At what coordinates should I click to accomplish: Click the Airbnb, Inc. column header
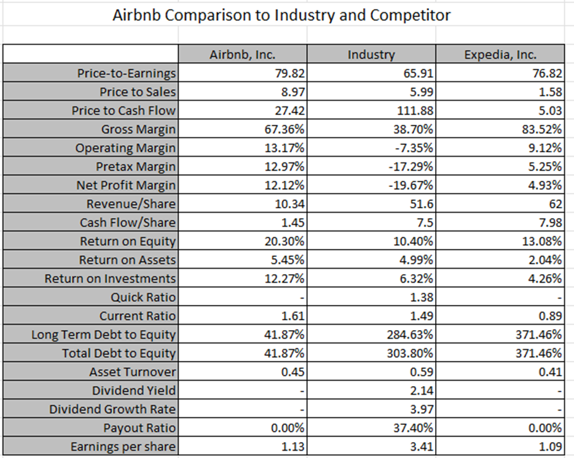click(242, 54)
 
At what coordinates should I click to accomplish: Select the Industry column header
click(371, 54)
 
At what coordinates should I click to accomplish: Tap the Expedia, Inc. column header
click(500, 54)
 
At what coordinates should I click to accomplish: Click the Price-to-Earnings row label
click(126, 74)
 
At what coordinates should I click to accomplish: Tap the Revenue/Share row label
click(131, 204)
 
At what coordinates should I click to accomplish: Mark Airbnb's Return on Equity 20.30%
click(285, 242)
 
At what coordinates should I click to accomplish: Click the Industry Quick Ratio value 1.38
click(422, 298)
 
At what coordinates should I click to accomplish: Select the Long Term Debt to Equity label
click(104, 335)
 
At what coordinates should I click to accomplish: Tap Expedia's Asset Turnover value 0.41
click(550, 372)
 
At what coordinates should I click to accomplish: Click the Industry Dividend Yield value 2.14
click(422, 390)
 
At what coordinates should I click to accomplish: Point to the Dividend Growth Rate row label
click(112, 409)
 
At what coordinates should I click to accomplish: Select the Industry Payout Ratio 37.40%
click(414, 428)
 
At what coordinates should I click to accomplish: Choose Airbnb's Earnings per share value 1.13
click(293, 446)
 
